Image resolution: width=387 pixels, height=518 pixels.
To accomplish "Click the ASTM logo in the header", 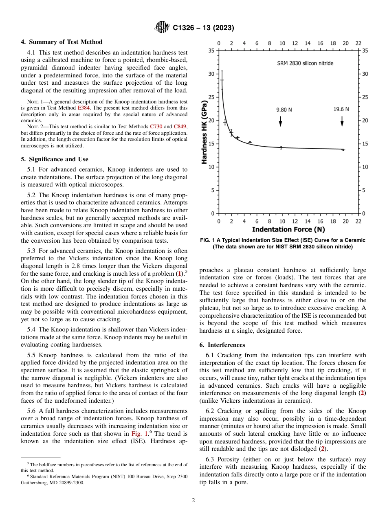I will coord(162,28).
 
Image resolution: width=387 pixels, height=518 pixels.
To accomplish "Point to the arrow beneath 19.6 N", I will coord(342,121).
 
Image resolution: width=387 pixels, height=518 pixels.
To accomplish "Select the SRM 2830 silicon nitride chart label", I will coord(305,63).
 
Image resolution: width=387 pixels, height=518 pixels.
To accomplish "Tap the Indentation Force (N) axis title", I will coord(288,230).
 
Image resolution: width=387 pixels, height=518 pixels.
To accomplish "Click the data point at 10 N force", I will coord(281,147).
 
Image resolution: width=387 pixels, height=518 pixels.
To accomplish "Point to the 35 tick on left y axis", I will coord(211,50).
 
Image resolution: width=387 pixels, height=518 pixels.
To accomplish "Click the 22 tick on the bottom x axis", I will coord(358,221).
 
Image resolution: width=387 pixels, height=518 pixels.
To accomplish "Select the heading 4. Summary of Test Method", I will coord(62,42).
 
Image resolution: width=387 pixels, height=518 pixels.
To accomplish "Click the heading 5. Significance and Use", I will coord(55,159).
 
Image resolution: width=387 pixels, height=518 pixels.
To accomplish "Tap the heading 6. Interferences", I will coord(222,345).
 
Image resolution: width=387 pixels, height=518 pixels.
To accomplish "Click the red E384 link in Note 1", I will coord(83,108).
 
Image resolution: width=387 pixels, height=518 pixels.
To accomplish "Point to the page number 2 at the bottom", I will coord(193,500).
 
